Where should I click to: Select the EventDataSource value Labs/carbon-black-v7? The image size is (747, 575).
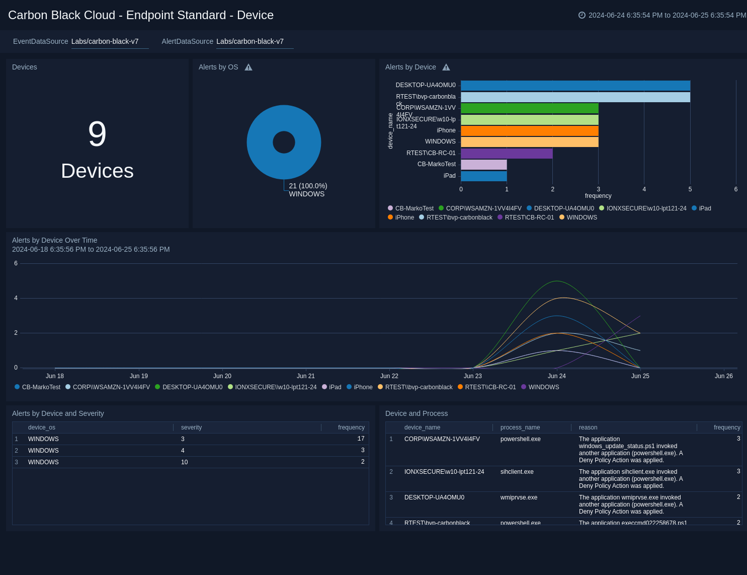tap(105, 41)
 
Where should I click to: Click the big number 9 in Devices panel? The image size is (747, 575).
tap(97, 134)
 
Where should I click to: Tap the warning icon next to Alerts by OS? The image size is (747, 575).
tap(248, 67)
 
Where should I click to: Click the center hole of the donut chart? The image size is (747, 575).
tap(284, 142)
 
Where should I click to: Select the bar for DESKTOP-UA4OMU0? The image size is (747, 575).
tap(575, 86)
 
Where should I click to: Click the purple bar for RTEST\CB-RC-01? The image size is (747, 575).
tap(507, 154)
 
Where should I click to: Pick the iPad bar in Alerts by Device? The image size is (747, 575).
tap(483, 176)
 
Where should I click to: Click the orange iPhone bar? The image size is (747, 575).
tap(529, 131)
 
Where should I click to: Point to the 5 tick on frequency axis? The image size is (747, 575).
tap(690, 189)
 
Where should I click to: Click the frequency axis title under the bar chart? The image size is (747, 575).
tap(598, 196)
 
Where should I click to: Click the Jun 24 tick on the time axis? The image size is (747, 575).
tap(556, 376)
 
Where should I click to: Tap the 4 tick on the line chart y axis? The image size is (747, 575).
tap(16, 298)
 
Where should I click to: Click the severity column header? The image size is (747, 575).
tap(191, 427)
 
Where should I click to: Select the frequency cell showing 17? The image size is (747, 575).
tap(361, 439)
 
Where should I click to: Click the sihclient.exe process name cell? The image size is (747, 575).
tap(517, 472)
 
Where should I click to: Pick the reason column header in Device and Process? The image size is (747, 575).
tap(588, 427)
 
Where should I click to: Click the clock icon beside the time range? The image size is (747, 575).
tap(582, 15)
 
